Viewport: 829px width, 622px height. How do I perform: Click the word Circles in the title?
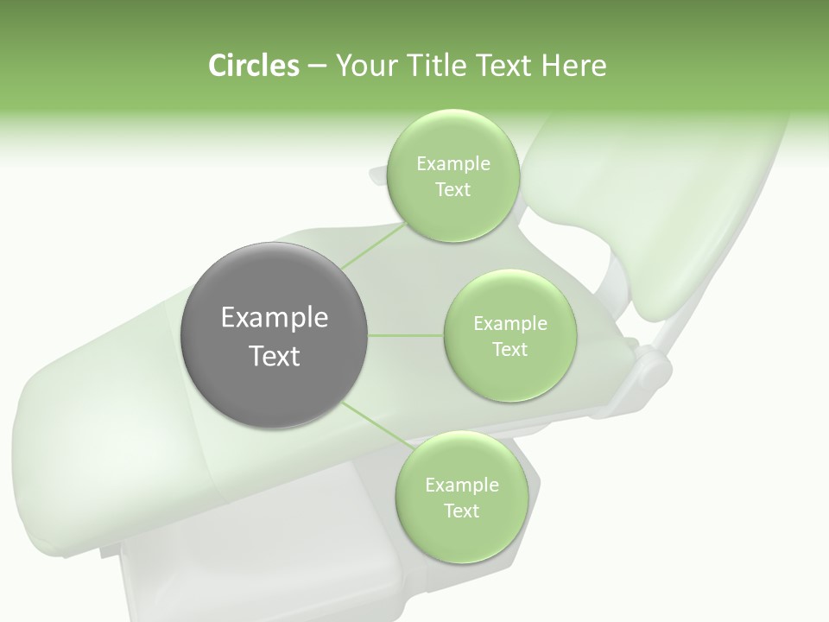click(x=253, y=66)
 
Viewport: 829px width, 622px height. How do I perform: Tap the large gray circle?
click(x=275, y=335)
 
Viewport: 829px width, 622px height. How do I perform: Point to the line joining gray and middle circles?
click(x=406, y=335)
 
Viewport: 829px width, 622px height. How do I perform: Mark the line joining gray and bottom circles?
click(x=376, y=427)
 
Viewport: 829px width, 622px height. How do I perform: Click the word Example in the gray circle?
click(x=275, y=318)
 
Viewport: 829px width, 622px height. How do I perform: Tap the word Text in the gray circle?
click(x=275, y=356)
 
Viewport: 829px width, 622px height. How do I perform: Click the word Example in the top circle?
click(x=452, y=164)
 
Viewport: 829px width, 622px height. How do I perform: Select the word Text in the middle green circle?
click(x=509, y=349)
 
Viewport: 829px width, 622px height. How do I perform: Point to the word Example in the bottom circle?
click(x=461, y=486)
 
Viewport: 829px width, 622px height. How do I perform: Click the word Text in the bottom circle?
click(x=461, y=511)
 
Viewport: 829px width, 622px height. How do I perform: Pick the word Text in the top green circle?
click(x=452, y=190)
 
